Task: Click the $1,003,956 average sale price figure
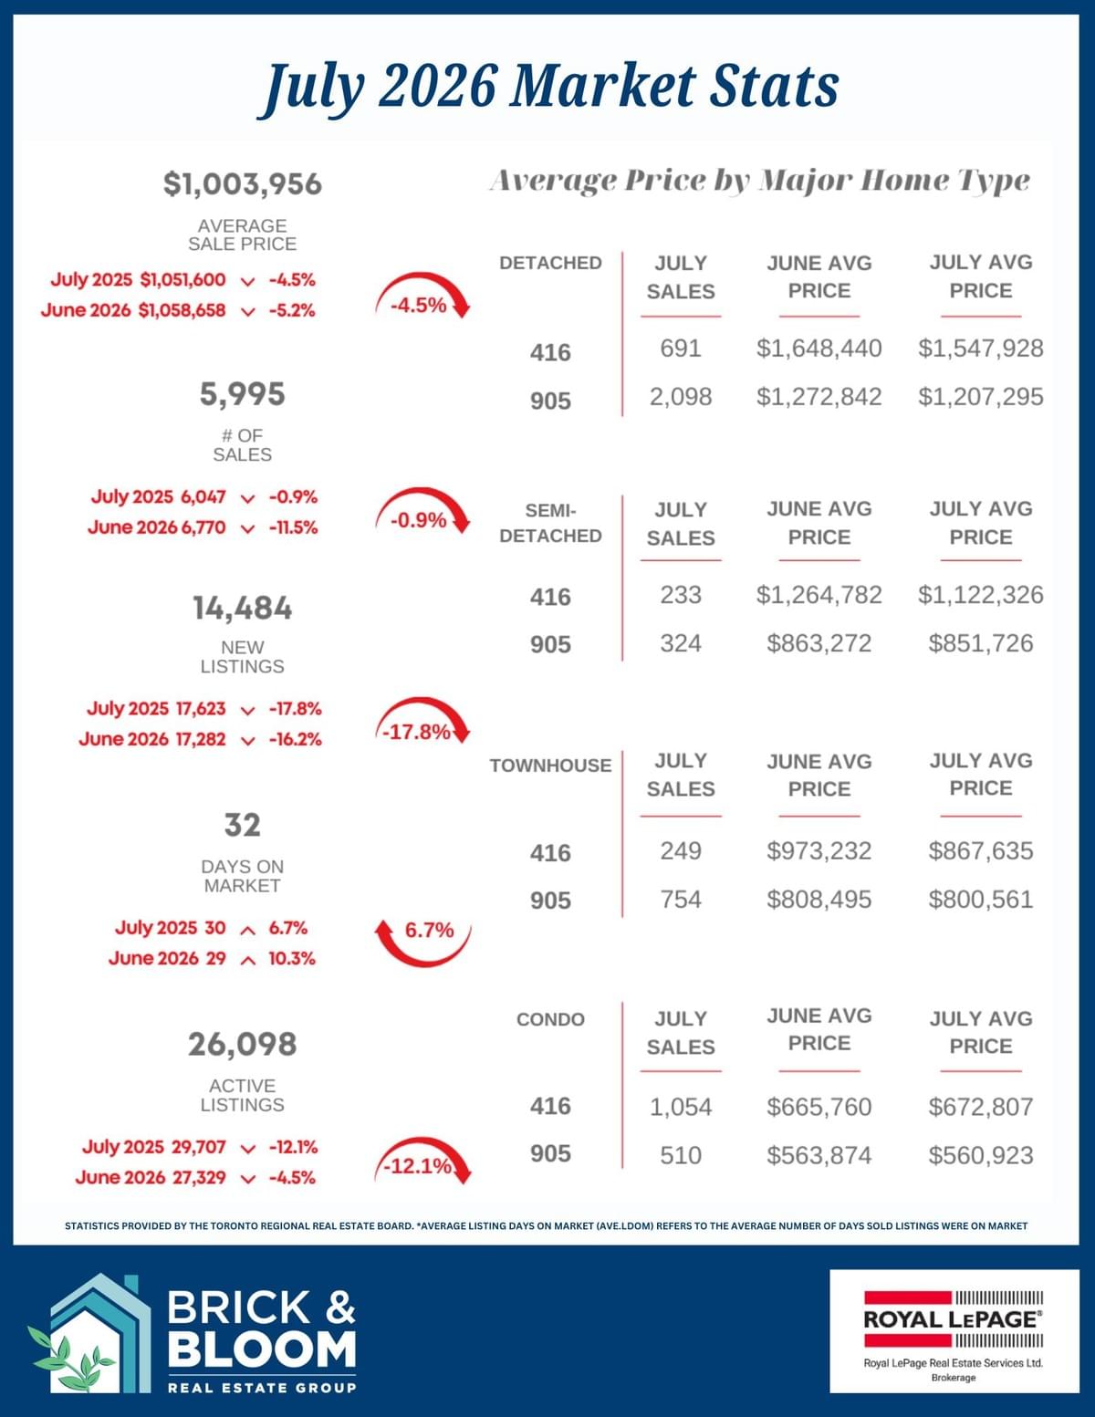click(x=242, y=183)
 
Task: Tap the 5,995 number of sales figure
click(x=242, y=394)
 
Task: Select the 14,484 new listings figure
click(x=242, y=608)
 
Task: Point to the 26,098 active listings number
click(x=242, y=1044)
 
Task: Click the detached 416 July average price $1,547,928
click(x=980, y=349)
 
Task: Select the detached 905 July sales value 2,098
click(x=680, y=397)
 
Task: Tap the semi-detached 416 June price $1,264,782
click(x=819, y=595)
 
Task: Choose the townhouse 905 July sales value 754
click(x=680, y=900)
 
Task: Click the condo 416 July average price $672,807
click(x=981, y=1107)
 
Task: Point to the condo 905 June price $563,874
click(x=819, y=1155)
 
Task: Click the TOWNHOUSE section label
click(x=550, y=766)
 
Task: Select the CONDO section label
click(x=550, y=1019)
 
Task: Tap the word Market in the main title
click(x=603, y=86)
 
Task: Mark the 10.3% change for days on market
click(x=291, y=958)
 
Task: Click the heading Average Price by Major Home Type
click(x=760, y=181)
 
